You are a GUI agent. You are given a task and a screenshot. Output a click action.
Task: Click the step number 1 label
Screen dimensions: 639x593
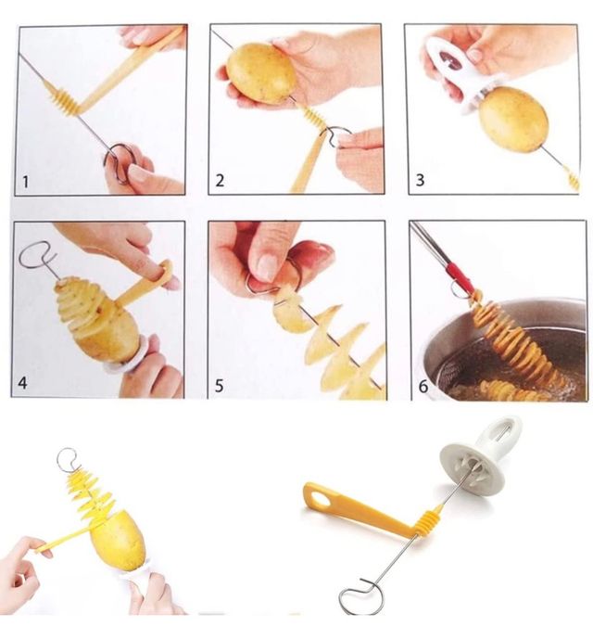tap(26, 183)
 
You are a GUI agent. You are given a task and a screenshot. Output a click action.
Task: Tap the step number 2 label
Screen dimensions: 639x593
tap(219, 182)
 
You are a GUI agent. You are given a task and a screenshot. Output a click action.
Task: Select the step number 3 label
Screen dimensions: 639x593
tap(420, 180)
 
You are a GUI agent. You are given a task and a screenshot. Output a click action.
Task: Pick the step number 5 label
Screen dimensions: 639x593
tap(219, 385)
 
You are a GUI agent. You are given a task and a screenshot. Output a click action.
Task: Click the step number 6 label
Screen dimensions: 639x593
tap(423, 386)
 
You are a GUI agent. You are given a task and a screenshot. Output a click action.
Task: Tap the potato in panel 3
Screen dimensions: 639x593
tap(512, 119)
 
